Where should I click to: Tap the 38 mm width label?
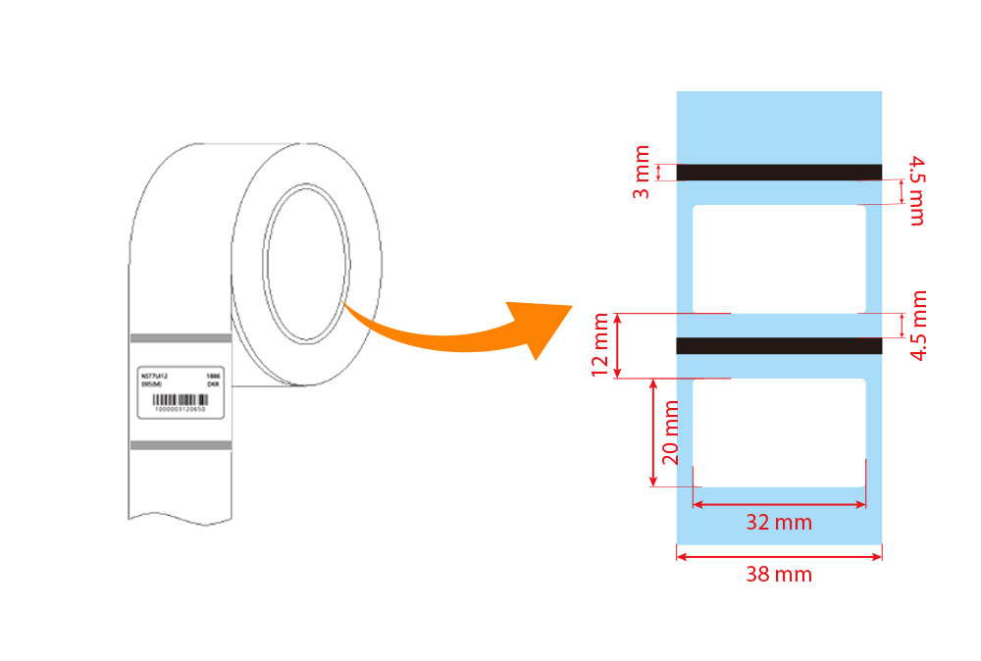(779, 575)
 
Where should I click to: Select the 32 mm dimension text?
(779, 523)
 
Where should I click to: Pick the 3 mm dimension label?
(641, 173)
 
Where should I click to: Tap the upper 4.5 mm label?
(916, 189)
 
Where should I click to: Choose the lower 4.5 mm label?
(916, 326)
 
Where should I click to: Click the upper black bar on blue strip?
(779, 173)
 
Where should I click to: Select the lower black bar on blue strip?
(779, 345)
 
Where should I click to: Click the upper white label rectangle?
(779, 259)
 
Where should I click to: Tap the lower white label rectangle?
(779, 432)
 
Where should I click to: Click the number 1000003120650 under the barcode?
(181, 410)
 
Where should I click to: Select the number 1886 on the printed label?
(213, 376)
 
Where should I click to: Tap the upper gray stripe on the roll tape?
(181, 338)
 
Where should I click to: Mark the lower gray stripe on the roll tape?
(181, 445)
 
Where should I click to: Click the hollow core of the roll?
(306, 264)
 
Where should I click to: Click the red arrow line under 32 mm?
(779, 505)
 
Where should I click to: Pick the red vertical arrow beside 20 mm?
(653, 432)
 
